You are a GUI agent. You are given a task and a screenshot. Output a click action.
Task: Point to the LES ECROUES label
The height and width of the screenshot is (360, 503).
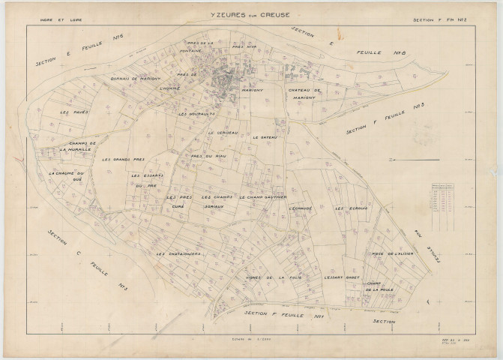click(351, 208)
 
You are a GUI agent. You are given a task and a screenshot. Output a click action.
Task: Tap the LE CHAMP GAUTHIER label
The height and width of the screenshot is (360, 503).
click(264, 196)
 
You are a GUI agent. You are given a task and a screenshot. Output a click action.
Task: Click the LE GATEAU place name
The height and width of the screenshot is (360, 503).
click(265, 138)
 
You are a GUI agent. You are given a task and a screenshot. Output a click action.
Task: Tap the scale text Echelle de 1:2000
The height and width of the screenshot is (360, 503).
click(253, 338)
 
